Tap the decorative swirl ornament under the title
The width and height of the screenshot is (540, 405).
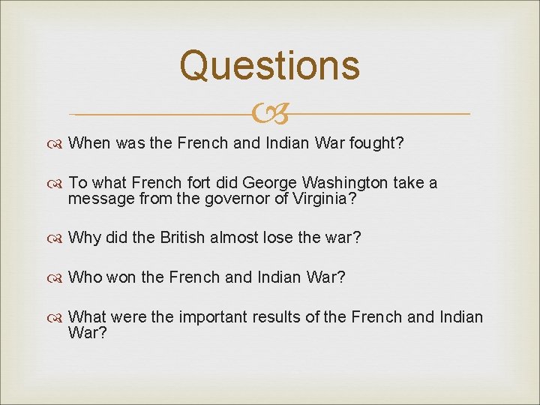(270, 114)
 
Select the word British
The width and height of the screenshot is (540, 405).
(182, 238)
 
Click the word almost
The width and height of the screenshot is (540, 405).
(235, 238)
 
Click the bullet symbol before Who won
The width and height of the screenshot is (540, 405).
(58, 278)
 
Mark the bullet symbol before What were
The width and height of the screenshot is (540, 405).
(58, 317)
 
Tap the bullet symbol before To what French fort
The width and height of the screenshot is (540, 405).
(58, 184)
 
